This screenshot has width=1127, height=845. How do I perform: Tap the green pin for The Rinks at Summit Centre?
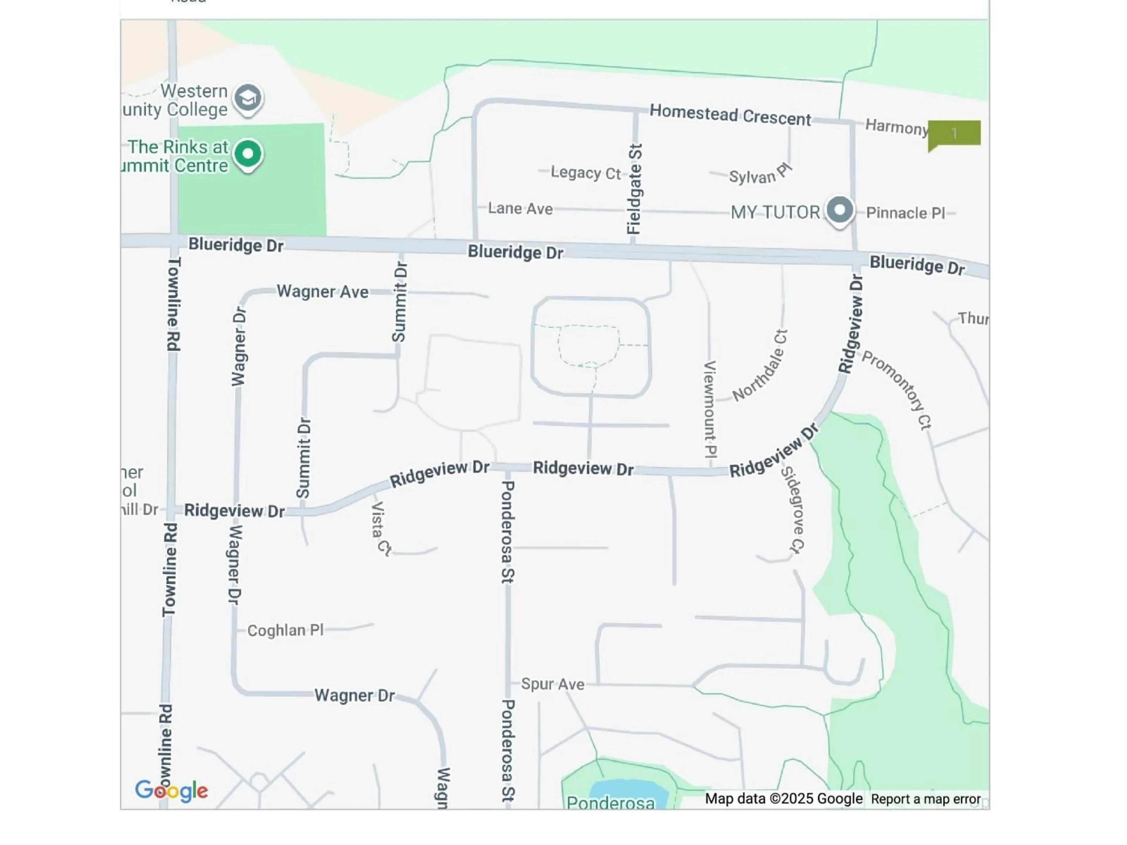[248, 154]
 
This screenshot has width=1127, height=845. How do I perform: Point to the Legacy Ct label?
[586, 173]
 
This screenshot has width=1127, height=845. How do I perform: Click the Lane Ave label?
[520, 208]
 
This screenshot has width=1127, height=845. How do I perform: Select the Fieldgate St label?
[634, 189]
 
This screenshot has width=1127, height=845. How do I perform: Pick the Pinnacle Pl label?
[905, 213]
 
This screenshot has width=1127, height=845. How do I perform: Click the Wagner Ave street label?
[323, 292]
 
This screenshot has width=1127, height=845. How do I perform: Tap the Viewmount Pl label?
[710, 409]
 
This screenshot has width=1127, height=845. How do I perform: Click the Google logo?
[171, 790]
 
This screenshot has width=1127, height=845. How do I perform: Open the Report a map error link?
[925, 799]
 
